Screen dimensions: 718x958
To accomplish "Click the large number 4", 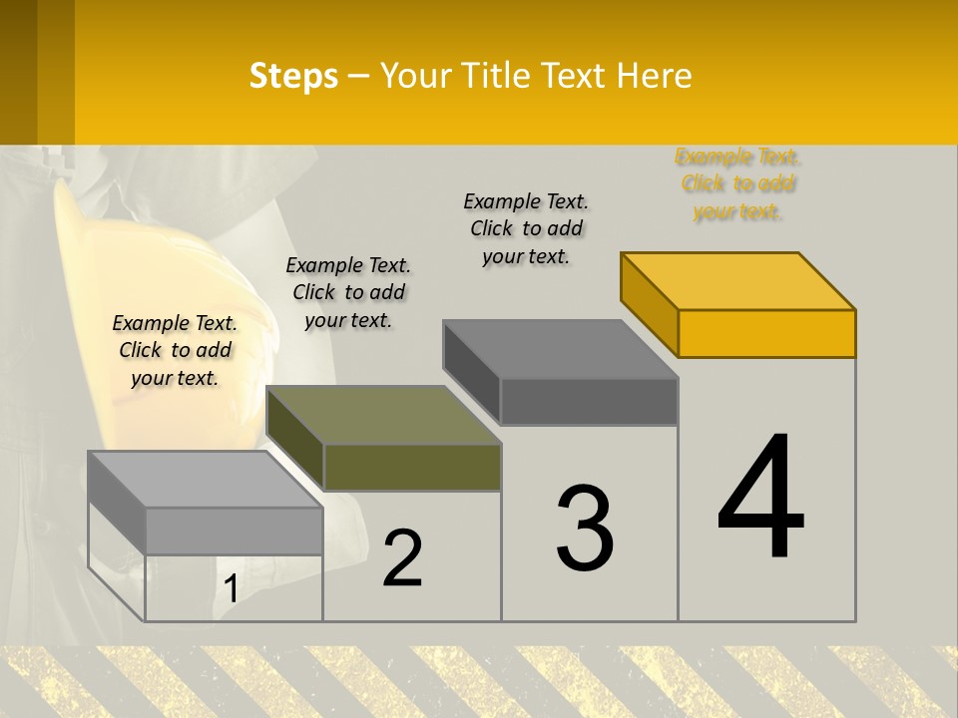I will [x=760, y=498].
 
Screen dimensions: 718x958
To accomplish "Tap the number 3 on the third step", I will [x=585, y=529].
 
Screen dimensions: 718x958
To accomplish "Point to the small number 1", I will [x=232, y=589].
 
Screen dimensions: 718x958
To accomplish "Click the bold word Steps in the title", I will [x=293, y=76].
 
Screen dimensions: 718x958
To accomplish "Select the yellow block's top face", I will [x=738, y=280].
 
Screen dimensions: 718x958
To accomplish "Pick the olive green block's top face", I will [x=383, y=415].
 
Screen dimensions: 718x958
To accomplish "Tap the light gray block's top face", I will [x=205, y=480].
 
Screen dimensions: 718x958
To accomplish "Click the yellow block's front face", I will [x=766, y=333].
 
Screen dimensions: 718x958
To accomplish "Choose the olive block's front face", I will [x=412, y=467].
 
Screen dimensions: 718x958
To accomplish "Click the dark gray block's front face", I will [x=589, y=401].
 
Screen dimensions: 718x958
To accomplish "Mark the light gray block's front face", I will [x=234, y=531].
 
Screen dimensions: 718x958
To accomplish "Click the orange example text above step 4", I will [x=738, y=183].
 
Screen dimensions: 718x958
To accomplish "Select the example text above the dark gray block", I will [x=526, y=228].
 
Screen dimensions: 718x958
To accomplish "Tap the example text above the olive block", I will [x=348, y=292].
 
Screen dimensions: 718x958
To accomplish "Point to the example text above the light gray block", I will [x=175, y=350].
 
